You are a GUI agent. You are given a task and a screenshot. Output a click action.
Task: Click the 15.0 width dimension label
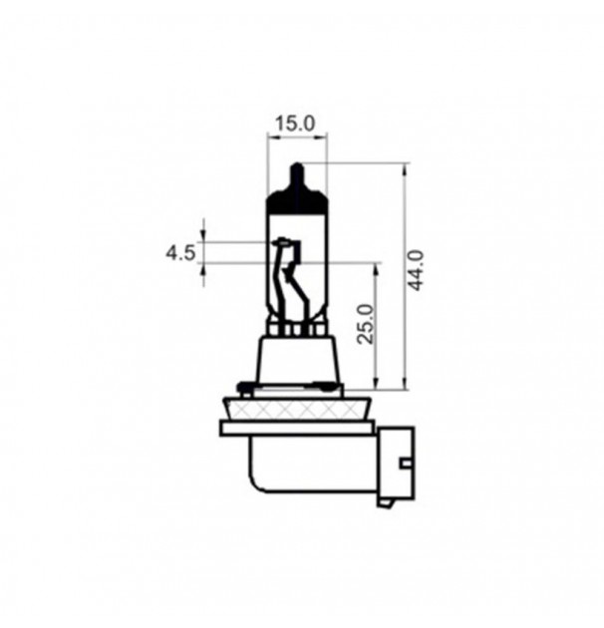295,124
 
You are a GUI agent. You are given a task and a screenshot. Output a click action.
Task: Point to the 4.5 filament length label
179,252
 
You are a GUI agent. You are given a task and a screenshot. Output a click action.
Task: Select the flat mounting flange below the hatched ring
297,429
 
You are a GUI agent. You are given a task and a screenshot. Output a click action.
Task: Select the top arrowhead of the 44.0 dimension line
404,168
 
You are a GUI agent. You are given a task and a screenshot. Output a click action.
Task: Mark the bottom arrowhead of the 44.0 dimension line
404,384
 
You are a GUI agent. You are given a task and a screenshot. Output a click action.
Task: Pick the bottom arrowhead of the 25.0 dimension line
376,384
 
